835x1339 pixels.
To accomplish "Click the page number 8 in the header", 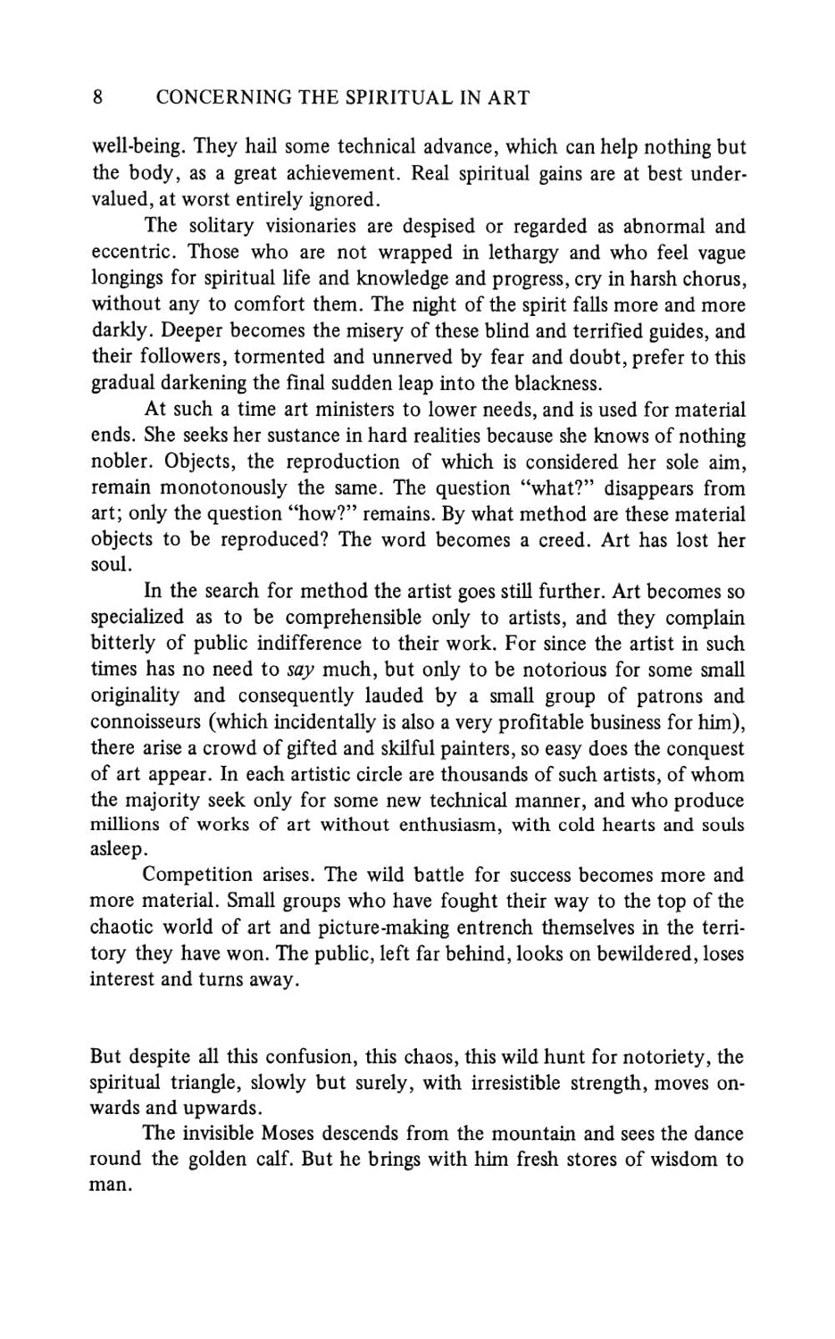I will tap(97, 96).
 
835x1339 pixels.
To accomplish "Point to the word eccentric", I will tap(131, 253).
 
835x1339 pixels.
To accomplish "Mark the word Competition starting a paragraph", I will tap(197, 875).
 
